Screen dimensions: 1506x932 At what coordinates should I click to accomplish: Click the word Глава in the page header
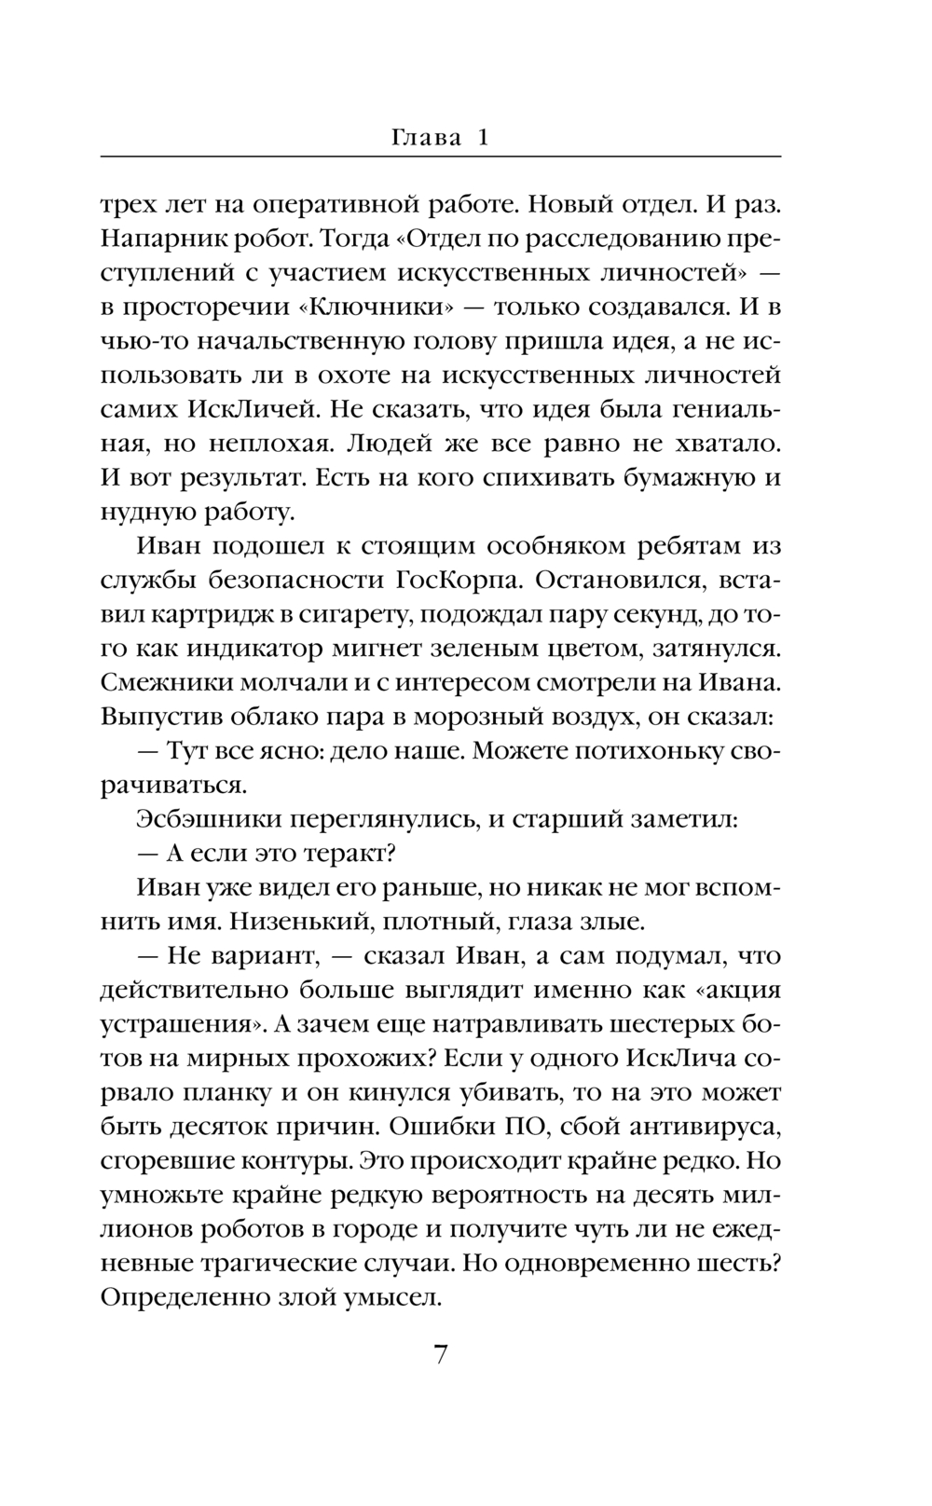(x=427, y=138)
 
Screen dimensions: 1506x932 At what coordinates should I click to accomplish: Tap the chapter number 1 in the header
(x=483, y=138)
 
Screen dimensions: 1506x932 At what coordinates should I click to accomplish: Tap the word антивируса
(x=703, y=1127)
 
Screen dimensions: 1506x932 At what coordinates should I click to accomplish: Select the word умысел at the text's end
(x=396, y=1297)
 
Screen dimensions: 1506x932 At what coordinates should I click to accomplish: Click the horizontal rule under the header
(x=440, y=156)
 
